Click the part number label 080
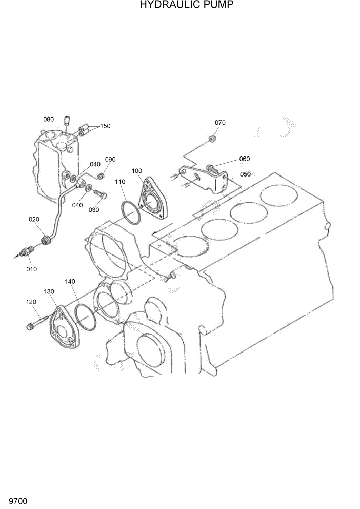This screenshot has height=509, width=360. click(49, 119)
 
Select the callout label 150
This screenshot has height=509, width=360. click(105, 126)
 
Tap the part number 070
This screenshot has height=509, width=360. click(220, 123)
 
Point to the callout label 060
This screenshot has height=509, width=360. click(245, 159)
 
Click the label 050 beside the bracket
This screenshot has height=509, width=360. click(245, 174)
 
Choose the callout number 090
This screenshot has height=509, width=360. click(110, 159)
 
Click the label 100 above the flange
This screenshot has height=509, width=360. click(137, 171)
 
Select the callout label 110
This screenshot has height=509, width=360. click(120, 182)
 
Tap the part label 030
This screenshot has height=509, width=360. click(94, 209)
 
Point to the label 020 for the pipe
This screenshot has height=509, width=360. click(34, 219)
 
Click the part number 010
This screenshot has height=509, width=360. click(32, 269)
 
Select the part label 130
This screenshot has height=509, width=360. click(49, 291)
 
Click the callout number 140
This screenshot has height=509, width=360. click(70, 282)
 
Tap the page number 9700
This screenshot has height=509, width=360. click(17, 500)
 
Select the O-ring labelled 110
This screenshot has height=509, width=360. click(130, 213)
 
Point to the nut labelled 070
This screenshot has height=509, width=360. click(212, 139)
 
